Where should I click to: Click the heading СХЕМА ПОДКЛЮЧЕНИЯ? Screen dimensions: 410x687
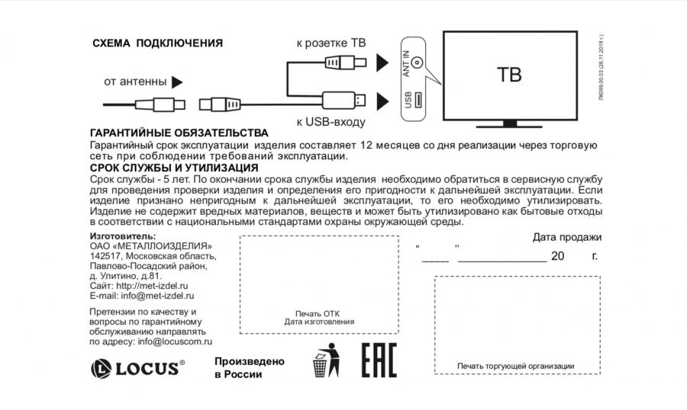[x=157, y=43]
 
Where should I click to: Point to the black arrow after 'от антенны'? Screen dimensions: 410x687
[x=177, y=82]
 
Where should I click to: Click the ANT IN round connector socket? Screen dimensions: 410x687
[x=417, y=64]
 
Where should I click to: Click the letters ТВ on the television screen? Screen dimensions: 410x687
[x=508, y=75]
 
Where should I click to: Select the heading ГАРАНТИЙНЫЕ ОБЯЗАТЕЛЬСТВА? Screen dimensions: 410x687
[x=179, y=133]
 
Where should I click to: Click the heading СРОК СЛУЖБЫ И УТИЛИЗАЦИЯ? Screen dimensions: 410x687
[x=173, y=168]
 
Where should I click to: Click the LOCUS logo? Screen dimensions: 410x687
[x=138, y=369]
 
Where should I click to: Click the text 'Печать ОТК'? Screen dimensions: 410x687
[x=318, y=313]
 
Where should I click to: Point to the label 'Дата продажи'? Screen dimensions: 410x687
[x=566, y=237]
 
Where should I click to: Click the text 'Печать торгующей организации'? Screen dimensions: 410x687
[x=515, y=367]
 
